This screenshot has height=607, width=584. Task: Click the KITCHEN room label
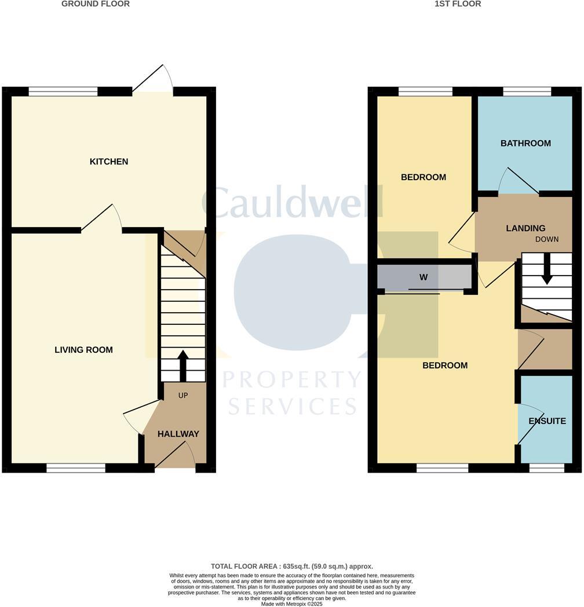(x=109, y=162)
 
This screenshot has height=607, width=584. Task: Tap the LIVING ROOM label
(x=83, y=350)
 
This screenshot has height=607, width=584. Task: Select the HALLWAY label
(x=178, y=434)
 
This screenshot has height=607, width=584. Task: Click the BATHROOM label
(x=525, y=143)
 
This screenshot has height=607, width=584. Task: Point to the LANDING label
(x=525, y=228)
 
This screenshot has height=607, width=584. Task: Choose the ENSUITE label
(x=547, y=421)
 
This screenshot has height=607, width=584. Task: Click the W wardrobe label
(x=424, y=277)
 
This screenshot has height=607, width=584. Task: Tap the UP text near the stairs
(x=183, y=395)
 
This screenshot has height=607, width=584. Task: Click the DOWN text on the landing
(x=547, y=239)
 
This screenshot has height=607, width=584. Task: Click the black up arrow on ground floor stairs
(x=183, y=366)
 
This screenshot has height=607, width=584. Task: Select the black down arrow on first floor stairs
(x=547, y=269)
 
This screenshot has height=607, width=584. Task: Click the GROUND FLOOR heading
(x=96, y=4)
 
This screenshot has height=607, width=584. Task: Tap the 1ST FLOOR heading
(x=458, y=4)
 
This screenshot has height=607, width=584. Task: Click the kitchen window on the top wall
(x=63, y=92)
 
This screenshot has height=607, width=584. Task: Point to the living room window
(x=76, y=468)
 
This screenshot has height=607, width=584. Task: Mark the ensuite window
(x=547, y=468)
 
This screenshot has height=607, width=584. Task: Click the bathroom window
(x=527, y=92)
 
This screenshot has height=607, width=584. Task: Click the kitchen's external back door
(x=152, y=80)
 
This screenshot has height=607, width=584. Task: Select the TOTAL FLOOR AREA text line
(x=292, y=566)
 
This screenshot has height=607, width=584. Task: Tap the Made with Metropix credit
(x=292, y=604)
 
